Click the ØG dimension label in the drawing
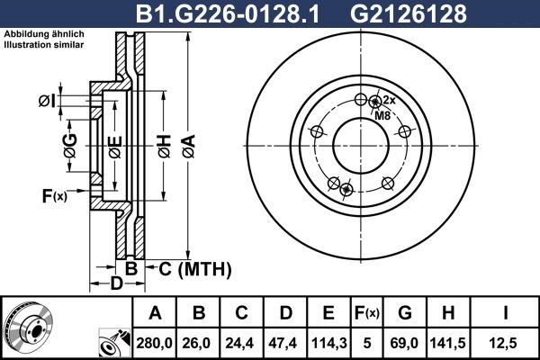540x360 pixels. (x=69, y=141)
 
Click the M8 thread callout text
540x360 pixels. (x=382, y=115)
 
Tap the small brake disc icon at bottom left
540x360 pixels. (x=27, y=327)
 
